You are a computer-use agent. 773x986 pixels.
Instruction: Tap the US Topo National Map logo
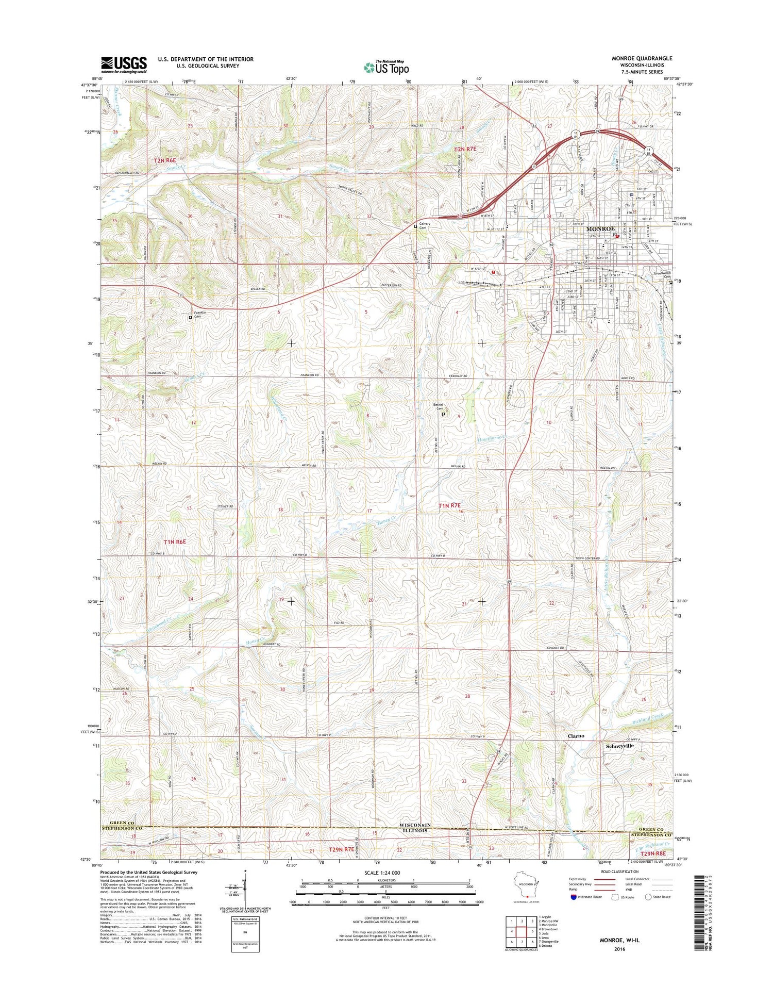pyautogui.click(x=386, y=67)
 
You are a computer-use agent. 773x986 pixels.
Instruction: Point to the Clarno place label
pyautogui.click(x=576, y=735)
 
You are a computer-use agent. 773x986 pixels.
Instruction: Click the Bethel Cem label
pyautogui.click(x=438, y=407)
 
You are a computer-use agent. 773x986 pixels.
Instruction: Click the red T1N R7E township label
pyautogui.click(x=449, y=506)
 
